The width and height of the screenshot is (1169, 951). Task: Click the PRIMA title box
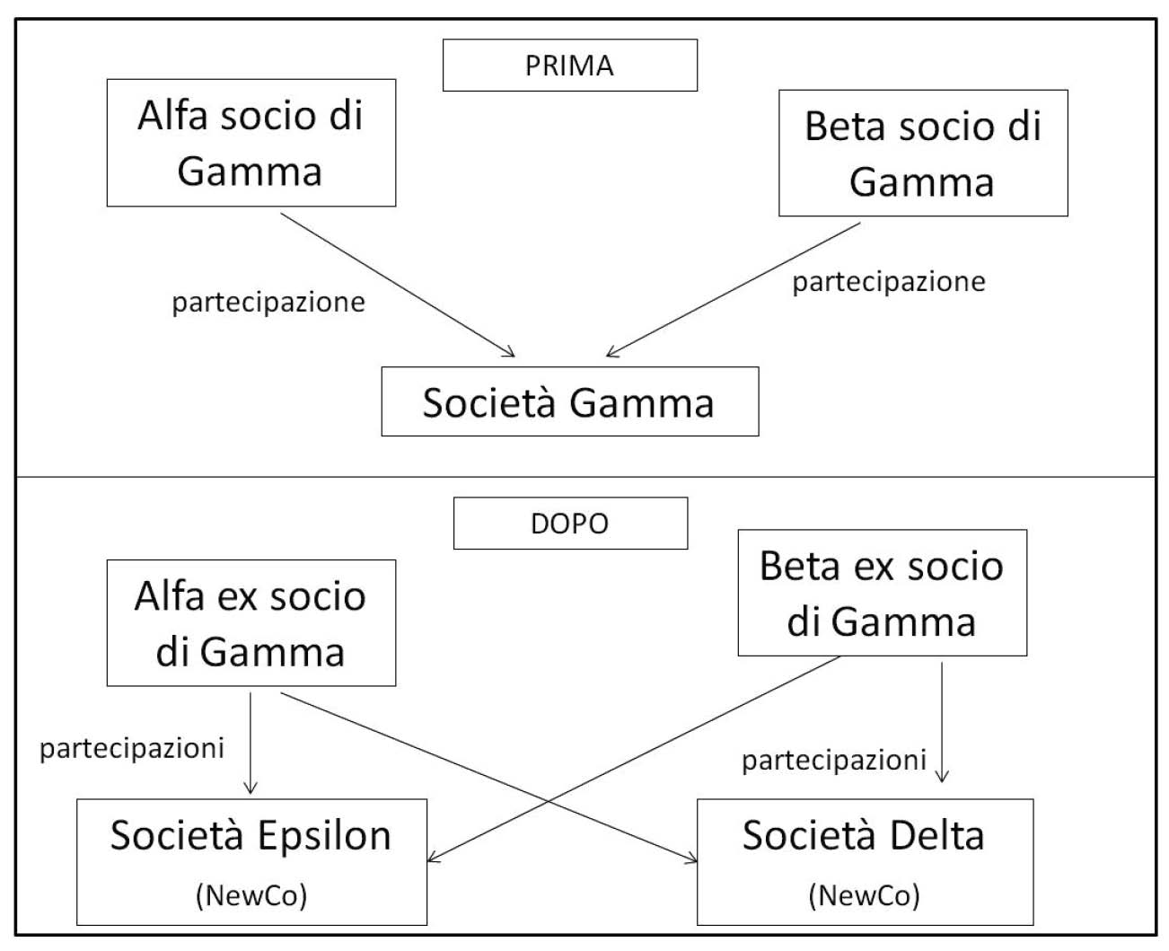(569, 65)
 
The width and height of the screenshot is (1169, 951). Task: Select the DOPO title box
(570, 523)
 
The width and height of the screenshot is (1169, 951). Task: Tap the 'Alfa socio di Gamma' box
(250, 143)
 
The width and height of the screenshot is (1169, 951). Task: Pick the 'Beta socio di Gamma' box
(923, 153)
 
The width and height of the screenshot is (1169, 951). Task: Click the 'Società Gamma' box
(569, 401)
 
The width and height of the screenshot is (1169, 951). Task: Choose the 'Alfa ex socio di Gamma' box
(250, 623)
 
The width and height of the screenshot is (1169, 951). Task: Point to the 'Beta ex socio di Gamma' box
(882, 593)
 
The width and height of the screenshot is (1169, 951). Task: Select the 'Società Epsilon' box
(251, 862)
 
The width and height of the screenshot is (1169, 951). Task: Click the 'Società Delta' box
(865, 862)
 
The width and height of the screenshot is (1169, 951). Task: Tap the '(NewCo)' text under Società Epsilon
(251, 895)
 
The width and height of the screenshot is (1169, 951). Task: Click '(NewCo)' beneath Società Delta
(864, 895)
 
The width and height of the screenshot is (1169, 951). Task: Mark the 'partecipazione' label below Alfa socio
(268, 303)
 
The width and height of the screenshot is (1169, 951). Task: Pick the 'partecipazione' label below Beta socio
(889, 282)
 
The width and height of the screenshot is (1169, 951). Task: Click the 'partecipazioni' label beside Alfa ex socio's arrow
(132, 749)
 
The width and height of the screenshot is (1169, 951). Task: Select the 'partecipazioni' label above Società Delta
(834, 761)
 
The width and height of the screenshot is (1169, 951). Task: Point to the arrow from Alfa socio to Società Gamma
(398, 286)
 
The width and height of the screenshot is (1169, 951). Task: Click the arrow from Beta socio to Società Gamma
(733, 290)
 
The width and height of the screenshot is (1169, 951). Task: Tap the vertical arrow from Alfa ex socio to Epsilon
(250, 743)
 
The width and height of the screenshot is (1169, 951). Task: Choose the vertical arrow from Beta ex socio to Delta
(942, 722)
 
